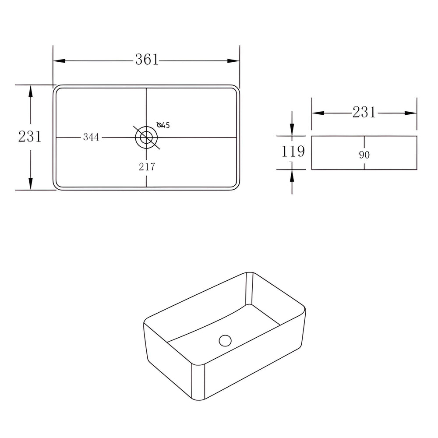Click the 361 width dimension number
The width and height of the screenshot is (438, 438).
tap(147, 60)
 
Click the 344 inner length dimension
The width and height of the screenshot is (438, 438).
tap(91, 137)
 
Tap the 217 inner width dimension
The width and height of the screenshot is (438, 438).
tap(147, 167)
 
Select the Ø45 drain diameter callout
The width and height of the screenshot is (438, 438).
tap(163, 124)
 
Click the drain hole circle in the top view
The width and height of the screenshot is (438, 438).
tap(146, 138)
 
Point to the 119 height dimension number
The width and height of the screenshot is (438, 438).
tap(293, 152)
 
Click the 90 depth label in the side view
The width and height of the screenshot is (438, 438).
tap(364, 155)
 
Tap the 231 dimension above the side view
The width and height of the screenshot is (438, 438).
tap(364, 112)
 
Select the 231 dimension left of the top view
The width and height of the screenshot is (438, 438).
tap(30, 137)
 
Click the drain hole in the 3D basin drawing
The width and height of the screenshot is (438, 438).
tap(225, 340)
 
